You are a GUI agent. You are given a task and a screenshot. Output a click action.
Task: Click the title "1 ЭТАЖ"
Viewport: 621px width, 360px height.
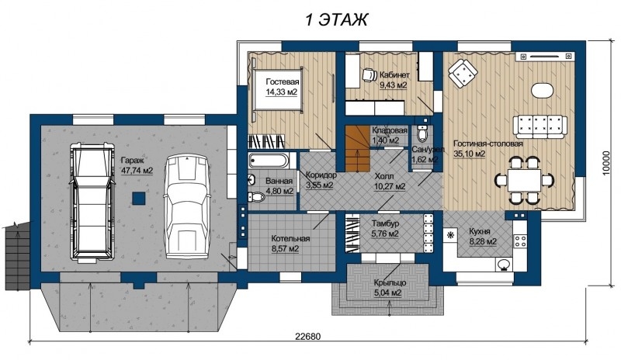336,19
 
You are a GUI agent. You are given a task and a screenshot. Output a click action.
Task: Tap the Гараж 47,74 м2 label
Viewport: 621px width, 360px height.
137,166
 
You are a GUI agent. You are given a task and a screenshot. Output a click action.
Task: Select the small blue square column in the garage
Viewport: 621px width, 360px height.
138,198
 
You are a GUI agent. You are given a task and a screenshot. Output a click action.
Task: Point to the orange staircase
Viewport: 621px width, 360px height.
358,148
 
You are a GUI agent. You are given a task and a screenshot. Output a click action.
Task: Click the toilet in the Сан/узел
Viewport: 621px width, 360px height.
423,134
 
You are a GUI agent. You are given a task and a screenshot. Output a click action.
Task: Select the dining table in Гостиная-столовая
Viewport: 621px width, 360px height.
525,182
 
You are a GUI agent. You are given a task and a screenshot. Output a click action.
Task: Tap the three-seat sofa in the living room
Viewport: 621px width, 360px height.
540,126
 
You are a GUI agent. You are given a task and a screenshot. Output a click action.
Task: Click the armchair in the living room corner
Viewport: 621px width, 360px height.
462,74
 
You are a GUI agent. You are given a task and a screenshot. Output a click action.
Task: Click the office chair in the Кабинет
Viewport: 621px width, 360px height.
369,74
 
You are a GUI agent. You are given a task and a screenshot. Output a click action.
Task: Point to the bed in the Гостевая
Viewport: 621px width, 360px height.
277,89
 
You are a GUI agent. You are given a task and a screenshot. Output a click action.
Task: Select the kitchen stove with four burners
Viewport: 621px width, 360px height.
520,239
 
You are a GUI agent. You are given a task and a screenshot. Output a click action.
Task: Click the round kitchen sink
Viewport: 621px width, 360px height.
503,264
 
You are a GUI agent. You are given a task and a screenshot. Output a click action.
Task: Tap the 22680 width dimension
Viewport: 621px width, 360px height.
307,337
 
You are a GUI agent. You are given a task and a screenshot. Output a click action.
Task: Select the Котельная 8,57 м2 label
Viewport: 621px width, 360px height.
290,244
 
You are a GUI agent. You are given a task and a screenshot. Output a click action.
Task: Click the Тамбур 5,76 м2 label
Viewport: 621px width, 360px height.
385,229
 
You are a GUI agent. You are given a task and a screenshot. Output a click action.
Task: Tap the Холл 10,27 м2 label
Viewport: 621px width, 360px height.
390,182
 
